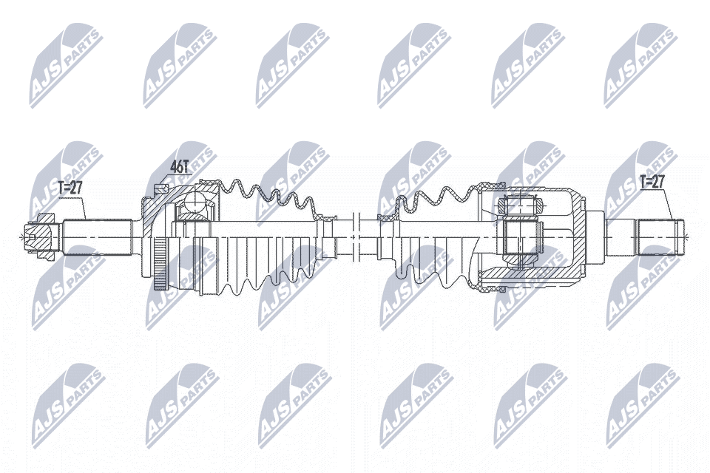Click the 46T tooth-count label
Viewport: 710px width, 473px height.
pyautogui.click(x=179, y=166)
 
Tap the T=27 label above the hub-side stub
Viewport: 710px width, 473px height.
pyautogui.click(x=71, y=188)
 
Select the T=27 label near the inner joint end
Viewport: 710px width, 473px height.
pyautogui.click(x=652, y=182)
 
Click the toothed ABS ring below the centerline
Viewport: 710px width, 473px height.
pyautogui.click(x=158, y=263)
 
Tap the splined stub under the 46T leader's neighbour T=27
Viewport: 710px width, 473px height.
pyautogui.click(x=98, y=236)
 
